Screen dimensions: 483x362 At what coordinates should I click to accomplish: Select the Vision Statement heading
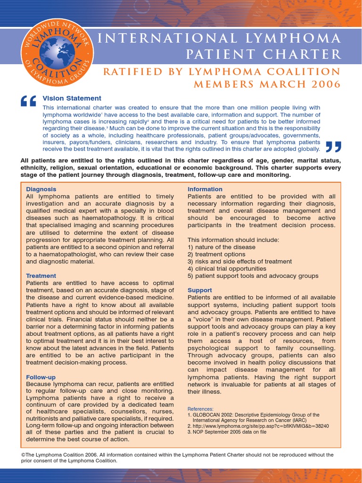(x=72, y=99)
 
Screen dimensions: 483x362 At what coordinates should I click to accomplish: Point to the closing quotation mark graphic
(x=332, y=147)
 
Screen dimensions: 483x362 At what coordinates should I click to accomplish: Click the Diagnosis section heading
(x=41, y=189)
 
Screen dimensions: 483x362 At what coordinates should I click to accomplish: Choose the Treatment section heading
(x=41, y=276)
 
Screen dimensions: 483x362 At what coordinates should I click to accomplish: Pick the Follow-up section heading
(x=41, y=377)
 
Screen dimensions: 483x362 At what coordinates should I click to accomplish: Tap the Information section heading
(x=205, y=189)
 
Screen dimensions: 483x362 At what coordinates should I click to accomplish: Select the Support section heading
(x=200, y=290)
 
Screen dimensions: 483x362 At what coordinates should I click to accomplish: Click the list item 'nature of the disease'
(x=222, y=247)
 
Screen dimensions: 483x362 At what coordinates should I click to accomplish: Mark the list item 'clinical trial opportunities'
(x=227, y=269)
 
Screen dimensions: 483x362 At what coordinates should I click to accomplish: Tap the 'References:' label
(x=200, y=408)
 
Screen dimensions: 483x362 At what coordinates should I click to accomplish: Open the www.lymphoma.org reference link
(x=258, y=426)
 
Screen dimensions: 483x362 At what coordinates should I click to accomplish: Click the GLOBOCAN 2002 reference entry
(x=253, y=415)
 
